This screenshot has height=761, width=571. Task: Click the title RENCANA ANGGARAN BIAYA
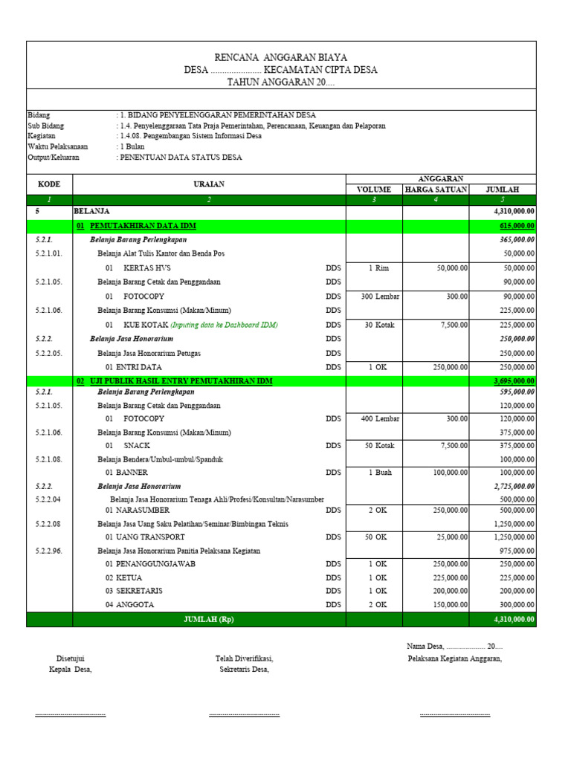click(x=280, y=57)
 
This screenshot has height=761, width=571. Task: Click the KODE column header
click(x=49, y=184)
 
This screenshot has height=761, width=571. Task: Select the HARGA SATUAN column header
click(x=436, y=190)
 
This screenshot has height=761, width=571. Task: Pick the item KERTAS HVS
click(x=147, y=268)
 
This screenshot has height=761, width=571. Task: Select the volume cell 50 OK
click(x=375, y=537)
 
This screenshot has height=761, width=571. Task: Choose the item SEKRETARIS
click(x=138, y=591)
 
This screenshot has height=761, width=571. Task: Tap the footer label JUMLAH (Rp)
click(x=209, y=619)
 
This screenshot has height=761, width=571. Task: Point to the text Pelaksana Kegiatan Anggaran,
click(x=454, y=659)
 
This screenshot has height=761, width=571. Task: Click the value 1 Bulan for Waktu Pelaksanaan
click(x=132, y=147)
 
